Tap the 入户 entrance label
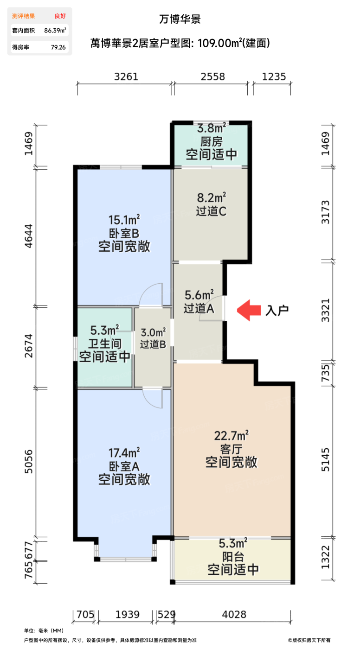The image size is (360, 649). (277, 310)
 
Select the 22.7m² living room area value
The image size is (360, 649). (231, 435)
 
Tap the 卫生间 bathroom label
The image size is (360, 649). (104, 344)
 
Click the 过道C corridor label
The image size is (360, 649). (211, 211)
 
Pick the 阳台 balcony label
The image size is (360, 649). (232, 556)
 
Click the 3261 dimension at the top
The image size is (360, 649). (126, 77)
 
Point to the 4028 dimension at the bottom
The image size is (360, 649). (233, 615)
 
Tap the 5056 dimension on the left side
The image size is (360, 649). (29, 462)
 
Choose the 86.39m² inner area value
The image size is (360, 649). (55, 31)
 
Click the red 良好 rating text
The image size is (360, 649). (60, 16)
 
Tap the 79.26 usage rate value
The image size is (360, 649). (58, 47)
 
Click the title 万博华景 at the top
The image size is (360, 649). (180, 19)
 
